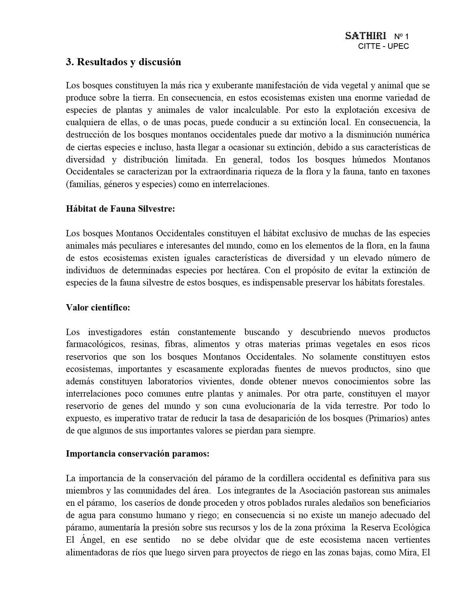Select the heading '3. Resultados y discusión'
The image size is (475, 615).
123,62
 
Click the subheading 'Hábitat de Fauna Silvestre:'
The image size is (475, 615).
120,209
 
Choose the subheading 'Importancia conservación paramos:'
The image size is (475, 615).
137,454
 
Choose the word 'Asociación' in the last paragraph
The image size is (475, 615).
321,491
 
